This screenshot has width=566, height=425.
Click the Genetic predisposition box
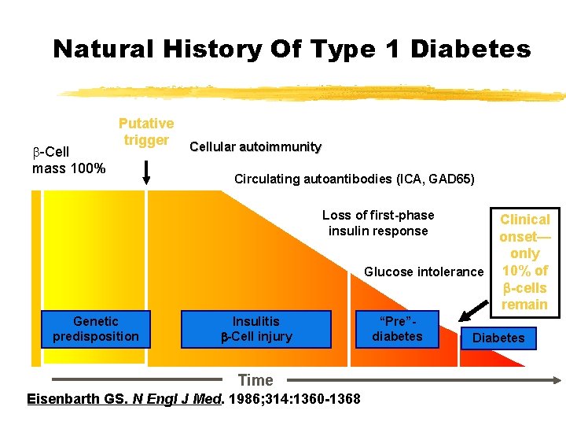click(95, 329)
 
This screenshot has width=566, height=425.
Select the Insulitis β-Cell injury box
click(256, 329)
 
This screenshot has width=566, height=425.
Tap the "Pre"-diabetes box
click(397, 329)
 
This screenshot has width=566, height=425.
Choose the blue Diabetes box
click(498, 338)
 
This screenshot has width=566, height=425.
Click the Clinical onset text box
click(524, 261)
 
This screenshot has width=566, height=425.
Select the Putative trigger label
click(145, 131)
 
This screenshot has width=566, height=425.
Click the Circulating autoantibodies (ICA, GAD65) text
click(354, 179)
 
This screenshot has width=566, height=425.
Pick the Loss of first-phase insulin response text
click(378, 223)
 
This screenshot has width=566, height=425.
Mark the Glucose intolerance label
click(424, 272)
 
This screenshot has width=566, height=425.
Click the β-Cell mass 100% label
click(68, 160)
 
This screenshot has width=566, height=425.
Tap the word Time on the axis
click(255, 381)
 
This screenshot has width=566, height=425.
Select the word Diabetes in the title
click(470, 50)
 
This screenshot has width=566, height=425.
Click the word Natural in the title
click(103, 50)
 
